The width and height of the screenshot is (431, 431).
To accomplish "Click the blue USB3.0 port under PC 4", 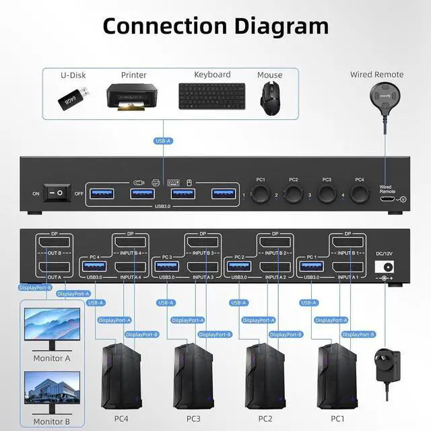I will pyautogui.click(x=93, y=267).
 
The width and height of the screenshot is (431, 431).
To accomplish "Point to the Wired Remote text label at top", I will pyautogui.click(x=376, y=74).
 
